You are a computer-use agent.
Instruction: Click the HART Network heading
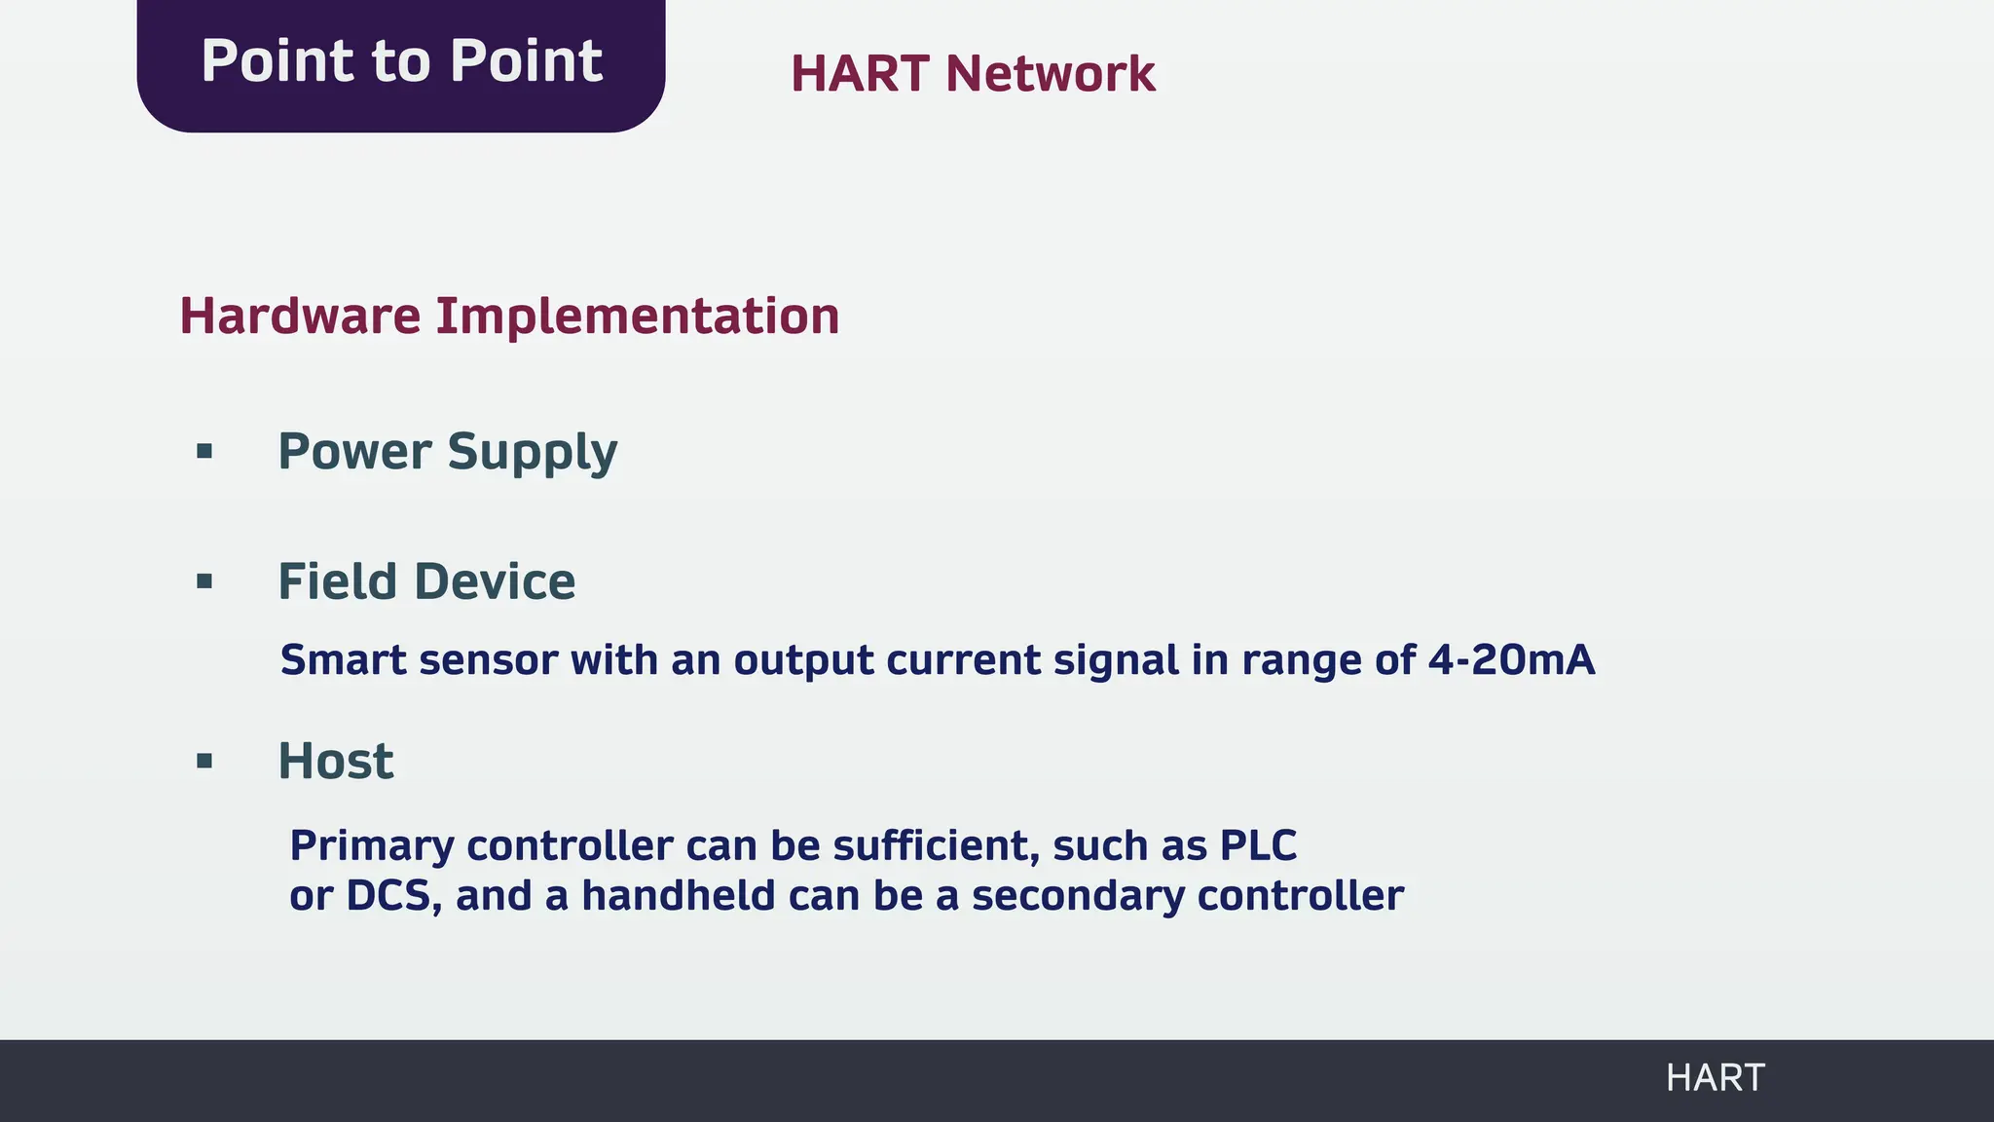(x=972, y=74)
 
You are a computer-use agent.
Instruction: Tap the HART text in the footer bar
(x=1715, y=1078)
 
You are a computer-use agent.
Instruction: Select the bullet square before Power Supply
(x=204, y=451)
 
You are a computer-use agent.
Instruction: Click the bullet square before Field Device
(x=204, y=581)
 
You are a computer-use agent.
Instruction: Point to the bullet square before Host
(x=204, y=761)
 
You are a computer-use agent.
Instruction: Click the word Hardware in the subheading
(x=300, y=317)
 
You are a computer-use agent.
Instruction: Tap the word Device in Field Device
(x=495, y=581)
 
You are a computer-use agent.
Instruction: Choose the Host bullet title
(x=336, y=761)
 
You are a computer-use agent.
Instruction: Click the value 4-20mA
(x=1511, y=660)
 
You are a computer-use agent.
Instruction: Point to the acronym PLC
(x=1258, y=845)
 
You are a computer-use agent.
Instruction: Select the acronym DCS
(x=388, y=896)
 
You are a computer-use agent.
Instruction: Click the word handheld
(x=678, y=896)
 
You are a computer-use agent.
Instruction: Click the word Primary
(x=371, y=845)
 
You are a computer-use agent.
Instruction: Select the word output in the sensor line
(x=803, y=660)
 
